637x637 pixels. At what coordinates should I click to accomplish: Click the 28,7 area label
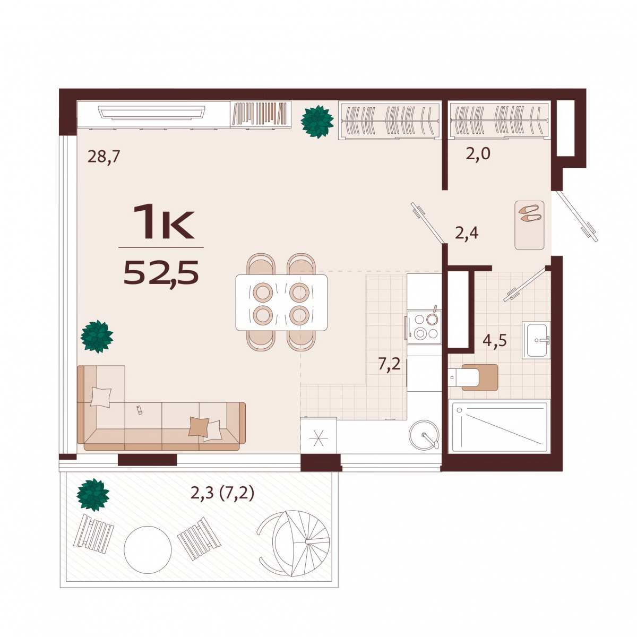point(104,157)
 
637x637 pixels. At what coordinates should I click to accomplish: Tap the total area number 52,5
point(161,273)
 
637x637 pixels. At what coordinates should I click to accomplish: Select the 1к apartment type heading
point(163,221)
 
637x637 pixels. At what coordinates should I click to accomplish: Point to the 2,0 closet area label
point(478,154)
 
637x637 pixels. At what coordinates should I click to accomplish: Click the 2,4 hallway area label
point(467,234)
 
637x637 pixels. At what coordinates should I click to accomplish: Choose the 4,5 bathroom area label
point(495,340)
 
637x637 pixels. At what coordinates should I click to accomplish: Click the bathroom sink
point(536,340)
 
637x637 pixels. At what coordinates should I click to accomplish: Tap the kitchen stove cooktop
point(425,327)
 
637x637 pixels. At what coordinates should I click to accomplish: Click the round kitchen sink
point(424,435)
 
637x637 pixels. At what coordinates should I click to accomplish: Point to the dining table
point(281,302)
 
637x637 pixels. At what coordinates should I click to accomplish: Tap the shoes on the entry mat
point(530,213)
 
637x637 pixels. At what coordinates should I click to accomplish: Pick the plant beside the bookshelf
point(317,122)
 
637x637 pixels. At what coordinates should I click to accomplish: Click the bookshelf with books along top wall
point(261,114)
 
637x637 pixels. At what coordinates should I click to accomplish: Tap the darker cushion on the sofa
point(199,427)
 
